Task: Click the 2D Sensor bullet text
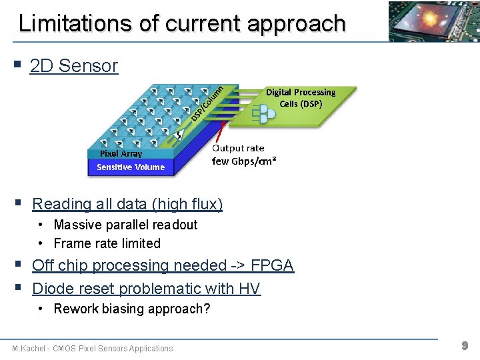(x=74, y=66)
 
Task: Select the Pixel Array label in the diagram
(x=121, y=154)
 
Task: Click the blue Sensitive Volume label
(x=131, y=167)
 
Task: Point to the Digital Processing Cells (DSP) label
(x=301, y=97)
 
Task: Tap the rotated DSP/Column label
(x=207, y=103)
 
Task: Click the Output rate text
(x=238, y=148)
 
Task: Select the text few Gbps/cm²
(x=244, y=161)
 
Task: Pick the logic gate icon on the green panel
(x=263, y=116)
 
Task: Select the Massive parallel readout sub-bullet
(x=125, y=225)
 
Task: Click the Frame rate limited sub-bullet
(x=107, y=243)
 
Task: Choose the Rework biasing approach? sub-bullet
(x=131, y=309)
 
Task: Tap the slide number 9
(x=465, y=345)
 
